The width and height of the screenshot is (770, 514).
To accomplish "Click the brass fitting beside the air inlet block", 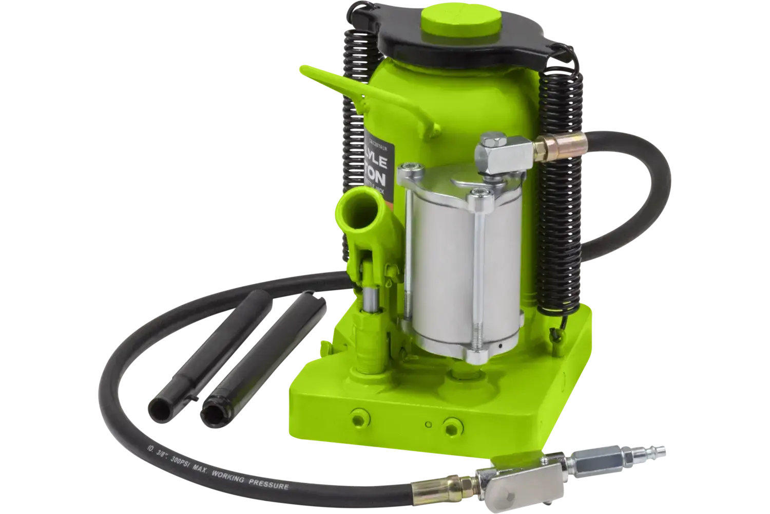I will pyautogui.click(x=547, y=150).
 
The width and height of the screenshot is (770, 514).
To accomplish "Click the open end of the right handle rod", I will pyautogui.click(x=211, y=403).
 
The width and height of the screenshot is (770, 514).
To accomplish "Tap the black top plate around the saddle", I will pyautogui.click(x=493, y=41).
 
